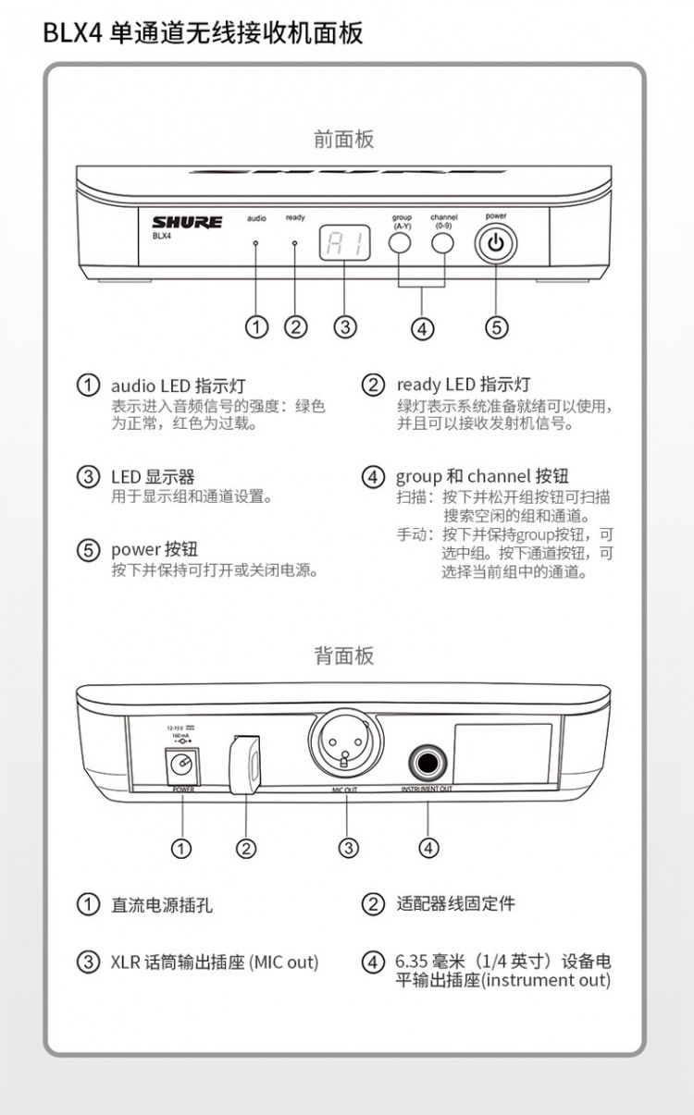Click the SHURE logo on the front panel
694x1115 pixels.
pos(187,222)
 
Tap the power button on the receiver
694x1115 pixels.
pos(496,245)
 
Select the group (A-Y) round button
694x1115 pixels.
pos(400,243)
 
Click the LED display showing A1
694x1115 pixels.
pos(344,243)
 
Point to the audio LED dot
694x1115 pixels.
pos(256,242)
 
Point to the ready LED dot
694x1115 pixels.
pos(295,242)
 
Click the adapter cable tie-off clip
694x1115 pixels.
pos(245,763)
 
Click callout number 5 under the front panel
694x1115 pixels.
pos(497,327)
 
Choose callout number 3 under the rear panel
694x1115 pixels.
pos(348,847)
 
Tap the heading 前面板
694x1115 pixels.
pos(344,140)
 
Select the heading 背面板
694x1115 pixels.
pos(344,656)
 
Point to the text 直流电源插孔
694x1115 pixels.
pos(162,905)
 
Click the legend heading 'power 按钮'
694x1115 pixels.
pos(155,550)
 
